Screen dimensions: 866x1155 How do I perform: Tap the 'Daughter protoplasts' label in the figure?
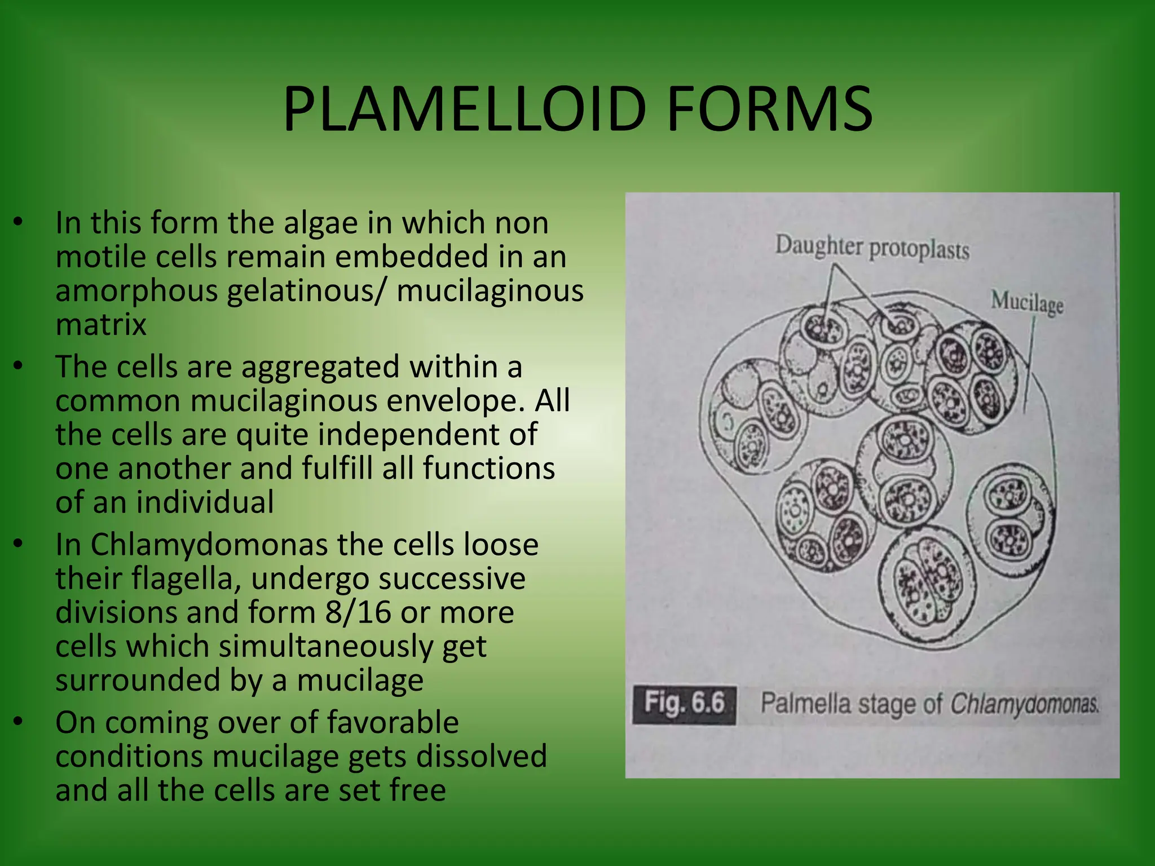(872, 248)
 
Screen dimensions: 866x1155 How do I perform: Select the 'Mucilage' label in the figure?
(1027, 302)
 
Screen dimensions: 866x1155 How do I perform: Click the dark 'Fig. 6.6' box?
(684, 704)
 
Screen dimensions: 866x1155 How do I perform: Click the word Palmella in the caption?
(805, 704)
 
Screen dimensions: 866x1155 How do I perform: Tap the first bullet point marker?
(19, 222)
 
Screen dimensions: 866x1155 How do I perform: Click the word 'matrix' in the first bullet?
(101, 325)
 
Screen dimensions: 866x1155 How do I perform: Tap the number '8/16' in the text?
(358, 613)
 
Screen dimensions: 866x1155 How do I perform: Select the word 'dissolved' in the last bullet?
(481, 757)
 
